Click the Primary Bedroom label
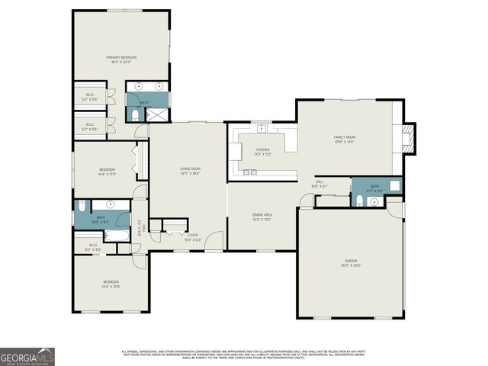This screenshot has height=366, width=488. coord(121,59)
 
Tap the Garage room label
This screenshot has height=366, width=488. coord(350,263)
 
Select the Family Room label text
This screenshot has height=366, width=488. coord(345,139)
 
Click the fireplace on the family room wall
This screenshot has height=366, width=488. coord(409,137)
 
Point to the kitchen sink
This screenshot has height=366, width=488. coord(262,127)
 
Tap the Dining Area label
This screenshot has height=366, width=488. coord(262,217)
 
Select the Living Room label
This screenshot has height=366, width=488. coord(190,170)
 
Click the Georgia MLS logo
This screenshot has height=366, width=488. coord(27,357)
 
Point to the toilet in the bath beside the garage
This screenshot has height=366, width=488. coord(359,200)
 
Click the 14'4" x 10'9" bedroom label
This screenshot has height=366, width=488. coord(111,284)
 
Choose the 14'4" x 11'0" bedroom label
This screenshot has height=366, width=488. coord(107,172)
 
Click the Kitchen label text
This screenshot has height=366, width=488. coord(262,151)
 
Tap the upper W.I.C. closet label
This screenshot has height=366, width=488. coord(89,97)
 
